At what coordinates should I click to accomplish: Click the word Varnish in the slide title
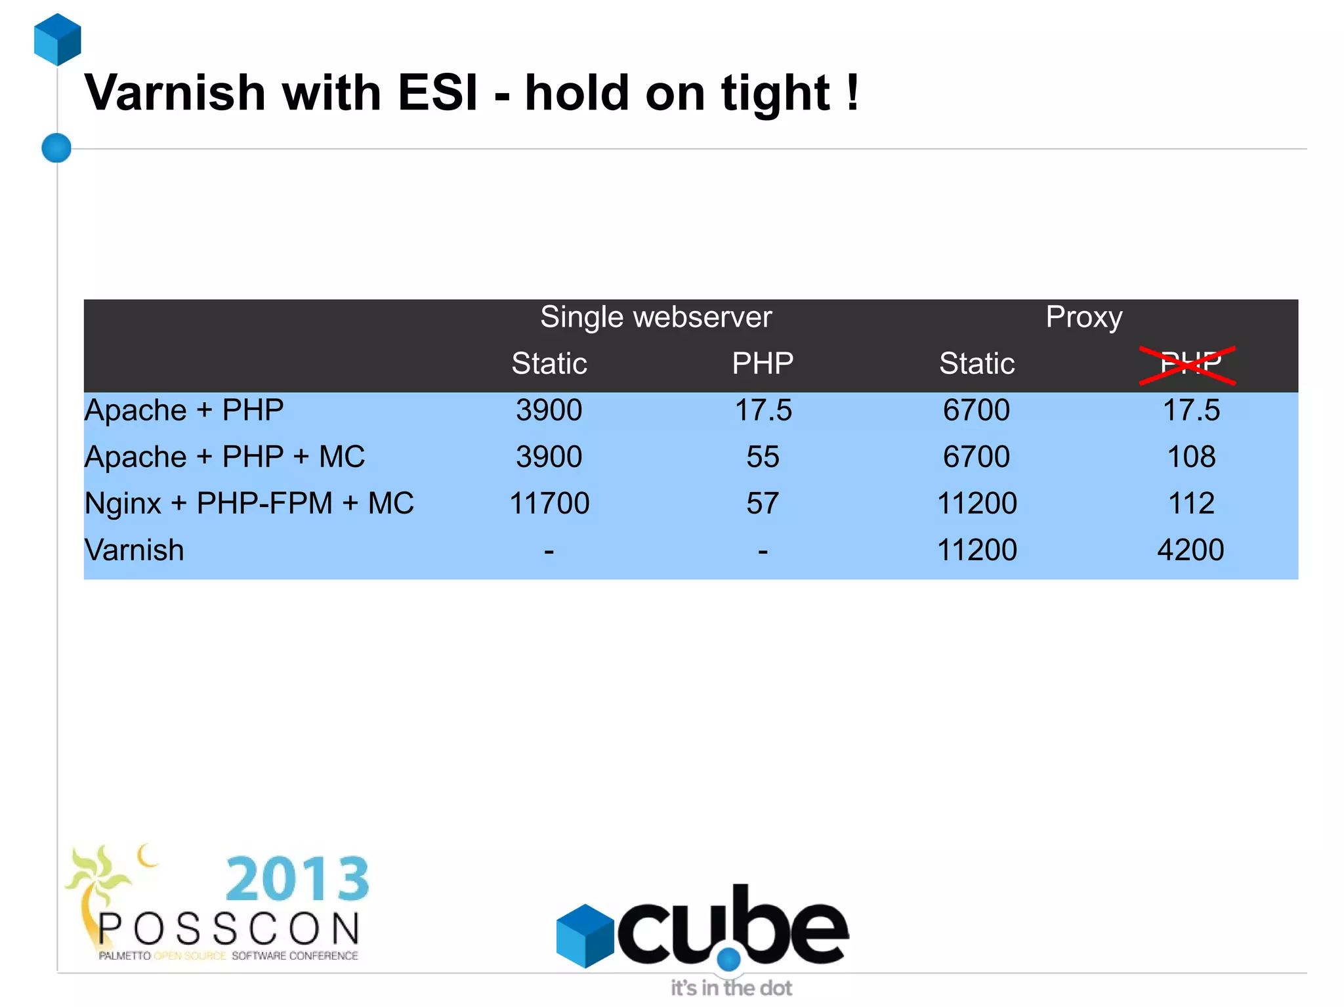coord(175,93)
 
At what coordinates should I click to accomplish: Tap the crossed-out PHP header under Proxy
coord(1189,363)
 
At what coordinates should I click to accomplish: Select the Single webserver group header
coord(656,318)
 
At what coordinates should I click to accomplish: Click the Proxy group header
coord(1083,318)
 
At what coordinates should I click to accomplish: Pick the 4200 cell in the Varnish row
coord(1190,550)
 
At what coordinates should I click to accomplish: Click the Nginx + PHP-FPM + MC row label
coord(249,504)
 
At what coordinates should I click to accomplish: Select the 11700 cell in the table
coord(549,504)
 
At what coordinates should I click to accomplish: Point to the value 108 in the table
coord(1190,457)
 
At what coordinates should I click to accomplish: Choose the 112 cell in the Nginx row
coord(1190,504)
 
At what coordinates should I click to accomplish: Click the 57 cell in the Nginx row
coord(763,504)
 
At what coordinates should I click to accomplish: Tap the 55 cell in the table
coord(763,457)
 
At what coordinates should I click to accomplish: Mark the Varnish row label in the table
coord(135,550)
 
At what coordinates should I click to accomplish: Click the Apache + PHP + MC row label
coord(224,457)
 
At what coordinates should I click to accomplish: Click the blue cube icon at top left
coord(58,39)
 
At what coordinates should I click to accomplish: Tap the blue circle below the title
coord(56,148)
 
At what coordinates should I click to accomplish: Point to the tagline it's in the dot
coord(731,988)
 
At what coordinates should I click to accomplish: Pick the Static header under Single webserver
coord(549,363)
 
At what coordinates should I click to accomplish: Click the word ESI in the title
coord(438,93)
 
